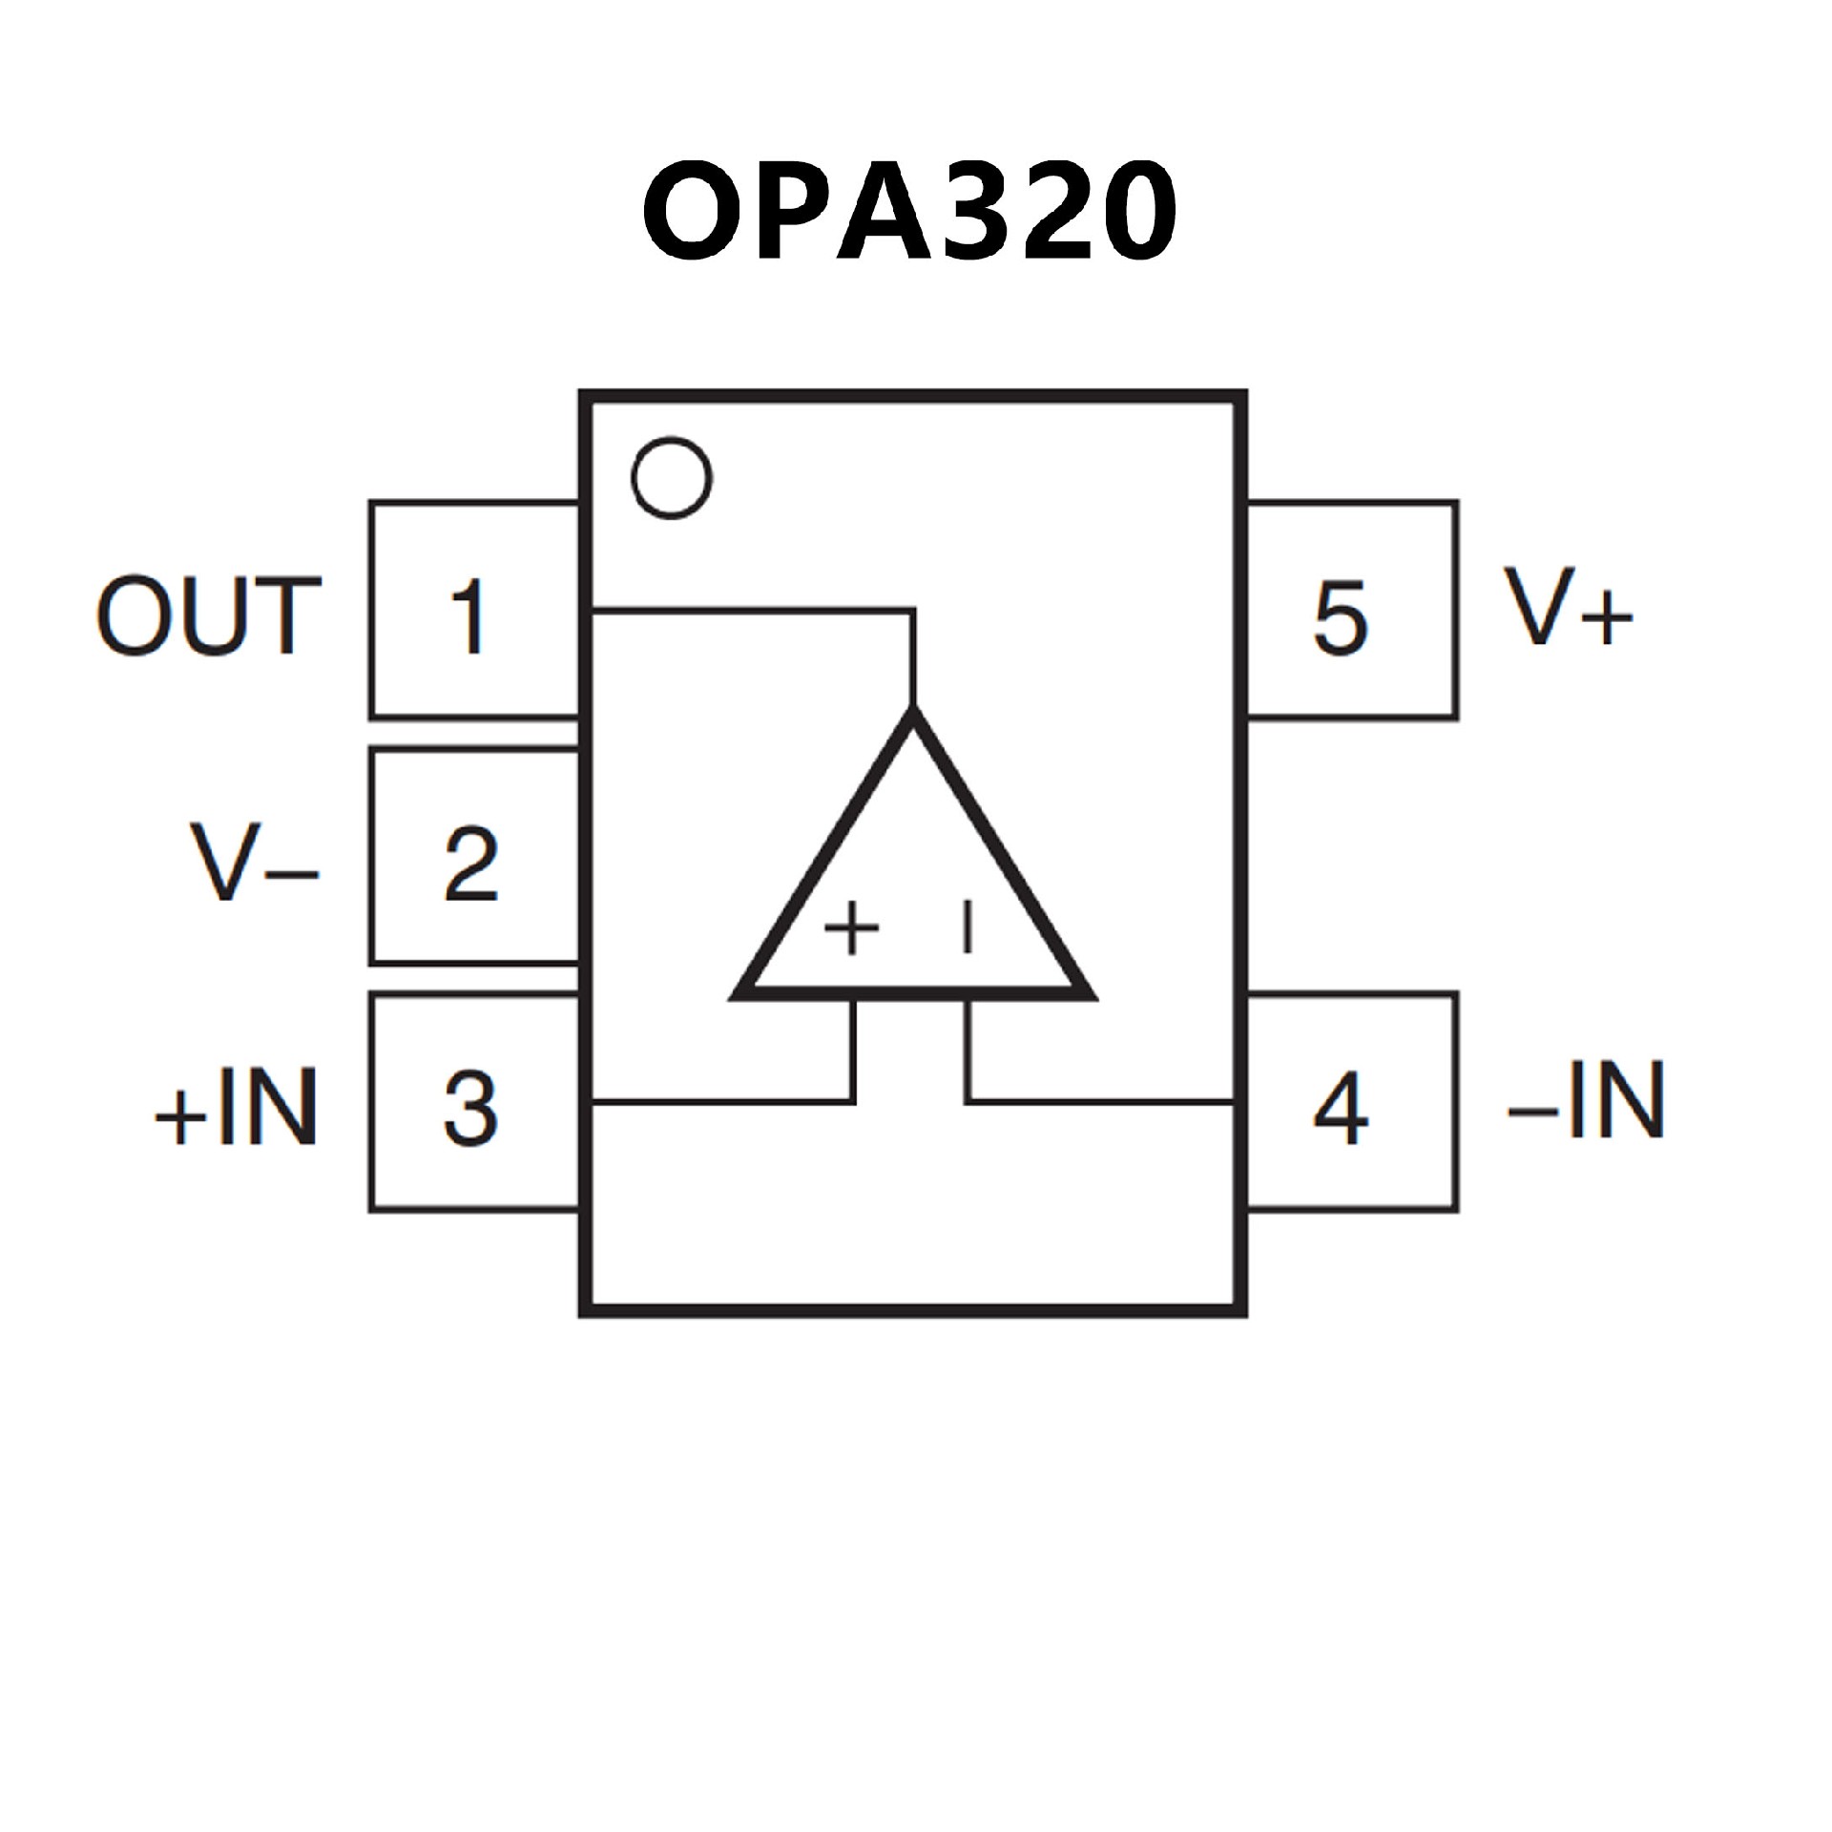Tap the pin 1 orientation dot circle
[x=672, y=478]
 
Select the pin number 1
[x=468, y=617]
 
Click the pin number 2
[x=471, y=864]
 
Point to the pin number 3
[x=471, y=1110]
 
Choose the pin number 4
[x=1341, y=1110]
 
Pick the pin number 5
[x=1341, y=617]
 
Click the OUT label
[x=209, y=616]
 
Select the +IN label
[x=237, y=1108]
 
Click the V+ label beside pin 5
[x=1569, y=608]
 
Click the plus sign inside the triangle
[x=851, y=928]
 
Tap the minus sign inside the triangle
[x=968, y=928]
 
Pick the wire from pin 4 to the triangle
[x=1097, y=1102]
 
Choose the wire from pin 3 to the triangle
[x=725, y=1102]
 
